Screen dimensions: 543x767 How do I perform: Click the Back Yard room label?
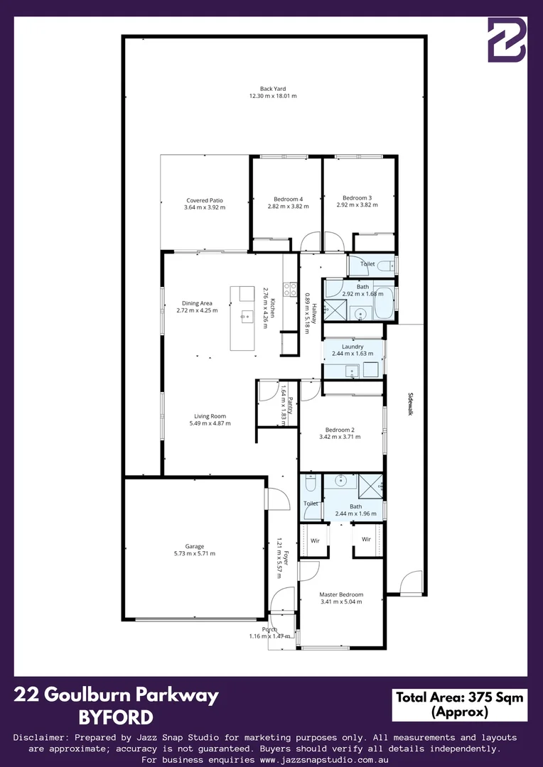(273, 89)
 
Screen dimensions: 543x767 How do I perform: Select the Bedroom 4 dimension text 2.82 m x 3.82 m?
(288, 207)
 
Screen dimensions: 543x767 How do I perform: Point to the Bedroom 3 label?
(357, 197)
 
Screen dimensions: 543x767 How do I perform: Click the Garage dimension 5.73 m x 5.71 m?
(194, 553)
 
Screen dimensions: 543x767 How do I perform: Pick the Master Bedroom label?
(341, 595)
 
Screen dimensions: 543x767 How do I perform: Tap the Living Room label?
(210, 416)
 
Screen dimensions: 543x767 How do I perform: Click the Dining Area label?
(197, 303)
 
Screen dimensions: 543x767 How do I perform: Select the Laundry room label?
(352, 347)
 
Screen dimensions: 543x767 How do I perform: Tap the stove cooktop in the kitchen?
(290, 289)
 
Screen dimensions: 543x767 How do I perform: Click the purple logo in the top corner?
(507, 40)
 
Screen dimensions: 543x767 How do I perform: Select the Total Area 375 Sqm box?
(459, 705)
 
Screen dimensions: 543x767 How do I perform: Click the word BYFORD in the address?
(116, 717)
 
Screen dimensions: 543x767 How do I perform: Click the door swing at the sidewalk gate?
(411, 582)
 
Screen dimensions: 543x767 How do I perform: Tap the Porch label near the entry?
(269, 629)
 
